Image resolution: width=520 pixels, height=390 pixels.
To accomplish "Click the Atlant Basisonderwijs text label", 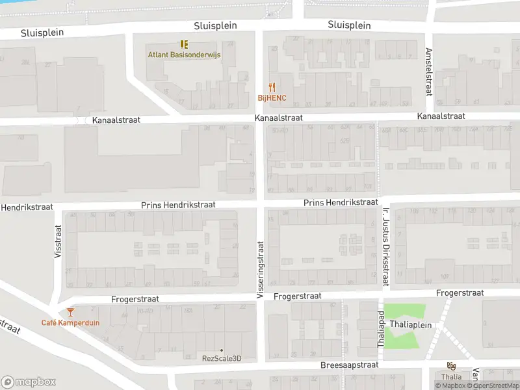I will click(x=184, y=55).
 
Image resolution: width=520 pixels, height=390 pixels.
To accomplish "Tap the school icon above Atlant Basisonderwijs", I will click(x=184, y=44).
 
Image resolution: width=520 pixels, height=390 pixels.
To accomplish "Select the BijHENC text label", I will click(x=272, y=98).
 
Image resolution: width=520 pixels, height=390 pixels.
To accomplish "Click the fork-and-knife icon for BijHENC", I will click(x=272, y=87).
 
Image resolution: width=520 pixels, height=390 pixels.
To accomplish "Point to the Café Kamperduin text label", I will click(x=71, y=323).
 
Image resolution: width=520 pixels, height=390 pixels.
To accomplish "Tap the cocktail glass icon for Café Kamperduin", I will click(x=71, y=312).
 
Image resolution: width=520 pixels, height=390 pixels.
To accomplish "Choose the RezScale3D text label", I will click(x=221, y=358).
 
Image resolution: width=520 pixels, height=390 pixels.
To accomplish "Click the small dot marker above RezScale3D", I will click(x=221, y=350).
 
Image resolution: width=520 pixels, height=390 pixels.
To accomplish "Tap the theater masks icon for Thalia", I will click(x=451, y=366).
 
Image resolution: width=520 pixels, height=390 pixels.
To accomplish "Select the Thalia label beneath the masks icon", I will click(x=451, y=376).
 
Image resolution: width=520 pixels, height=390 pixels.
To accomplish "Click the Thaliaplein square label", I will click(x=408, y=324).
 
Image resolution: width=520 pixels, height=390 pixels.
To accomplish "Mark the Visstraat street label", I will click(x=58, y=242).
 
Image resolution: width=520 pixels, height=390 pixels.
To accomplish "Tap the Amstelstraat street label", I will click(x=428, y=71).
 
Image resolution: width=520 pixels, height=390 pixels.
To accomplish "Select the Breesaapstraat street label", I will click(x=349, y=365).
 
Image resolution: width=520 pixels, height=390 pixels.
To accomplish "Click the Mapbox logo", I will click(x=29, y=382).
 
